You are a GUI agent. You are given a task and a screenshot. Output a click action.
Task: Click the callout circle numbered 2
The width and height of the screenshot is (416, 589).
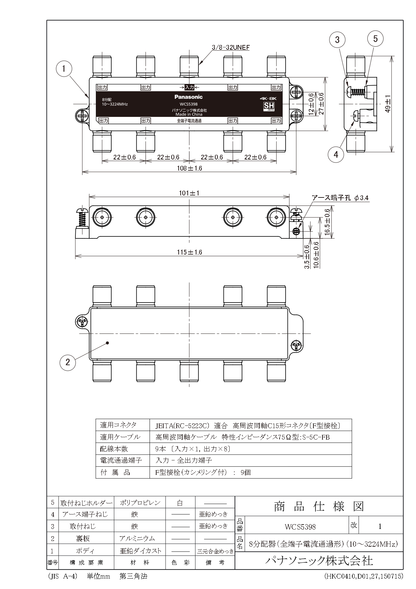68,362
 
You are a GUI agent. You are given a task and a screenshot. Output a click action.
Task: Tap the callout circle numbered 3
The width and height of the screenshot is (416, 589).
337,40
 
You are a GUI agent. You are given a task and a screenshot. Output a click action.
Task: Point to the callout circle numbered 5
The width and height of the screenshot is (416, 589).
375,39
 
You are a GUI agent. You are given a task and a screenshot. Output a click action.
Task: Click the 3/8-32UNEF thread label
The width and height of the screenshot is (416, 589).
231,47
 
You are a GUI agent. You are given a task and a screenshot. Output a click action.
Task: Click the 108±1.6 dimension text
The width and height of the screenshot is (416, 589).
189,168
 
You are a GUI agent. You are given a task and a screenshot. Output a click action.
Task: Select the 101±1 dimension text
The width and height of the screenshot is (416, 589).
189,193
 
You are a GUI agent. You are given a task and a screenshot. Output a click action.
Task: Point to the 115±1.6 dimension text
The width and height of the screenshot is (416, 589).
189,252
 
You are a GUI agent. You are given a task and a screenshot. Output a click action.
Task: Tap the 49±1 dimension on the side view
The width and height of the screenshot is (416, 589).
388,104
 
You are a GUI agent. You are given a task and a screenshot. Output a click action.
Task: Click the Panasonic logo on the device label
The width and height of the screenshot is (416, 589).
188,97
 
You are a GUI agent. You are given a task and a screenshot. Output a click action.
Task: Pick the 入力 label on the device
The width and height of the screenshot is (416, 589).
189,87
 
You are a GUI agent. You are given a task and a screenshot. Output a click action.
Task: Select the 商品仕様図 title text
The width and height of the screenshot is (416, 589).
319,506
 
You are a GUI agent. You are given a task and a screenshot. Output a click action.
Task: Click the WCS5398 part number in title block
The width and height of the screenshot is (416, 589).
300,527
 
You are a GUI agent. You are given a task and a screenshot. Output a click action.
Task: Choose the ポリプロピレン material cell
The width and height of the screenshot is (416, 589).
140,503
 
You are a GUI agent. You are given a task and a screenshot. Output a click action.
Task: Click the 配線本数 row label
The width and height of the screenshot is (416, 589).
114,449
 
